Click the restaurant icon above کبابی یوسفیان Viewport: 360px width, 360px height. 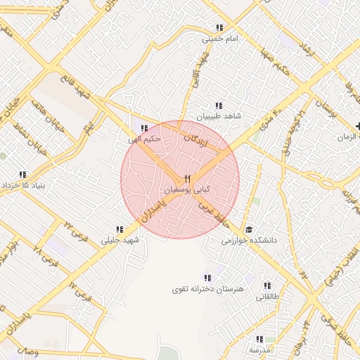[187, 179]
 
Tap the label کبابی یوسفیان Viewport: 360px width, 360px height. [187, 191]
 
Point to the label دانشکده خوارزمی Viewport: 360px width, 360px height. [250, 240]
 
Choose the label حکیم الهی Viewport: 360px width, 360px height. [145, 139]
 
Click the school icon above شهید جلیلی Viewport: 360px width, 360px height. [120, 229]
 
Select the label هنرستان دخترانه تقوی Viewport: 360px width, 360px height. [207, 289]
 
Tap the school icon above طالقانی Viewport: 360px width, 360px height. [267, 285]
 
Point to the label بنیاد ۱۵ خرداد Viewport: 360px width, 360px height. [23, 185]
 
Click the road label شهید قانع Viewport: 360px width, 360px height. [75, 90]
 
